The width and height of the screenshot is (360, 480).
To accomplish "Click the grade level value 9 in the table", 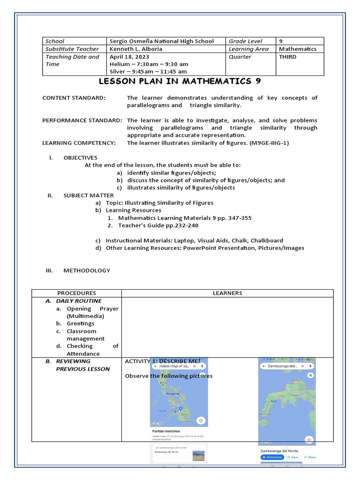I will click(281, 41).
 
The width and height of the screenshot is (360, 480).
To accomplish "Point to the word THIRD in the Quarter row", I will click(287, 57).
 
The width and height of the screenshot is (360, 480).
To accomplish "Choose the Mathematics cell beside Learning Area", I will click(297, 49).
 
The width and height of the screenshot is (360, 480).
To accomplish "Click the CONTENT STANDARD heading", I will click(74, 98).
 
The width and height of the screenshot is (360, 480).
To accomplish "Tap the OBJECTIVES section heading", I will click(80, 157).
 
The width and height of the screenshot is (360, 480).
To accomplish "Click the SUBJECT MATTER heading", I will click(89, 195).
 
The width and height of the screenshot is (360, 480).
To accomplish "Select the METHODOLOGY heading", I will click(87, 270).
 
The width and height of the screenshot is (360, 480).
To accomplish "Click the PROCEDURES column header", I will click(76, 293).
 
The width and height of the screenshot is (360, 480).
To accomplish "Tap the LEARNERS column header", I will click(227, 293).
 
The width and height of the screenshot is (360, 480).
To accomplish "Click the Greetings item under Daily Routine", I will click(80, 323).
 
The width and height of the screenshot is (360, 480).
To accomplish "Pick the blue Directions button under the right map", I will click(272, 457).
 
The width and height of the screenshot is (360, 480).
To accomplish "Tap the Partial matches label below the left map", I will click(166, 431).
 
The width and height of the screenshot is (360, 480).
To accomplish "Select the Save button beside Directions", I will click(293, 457).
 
